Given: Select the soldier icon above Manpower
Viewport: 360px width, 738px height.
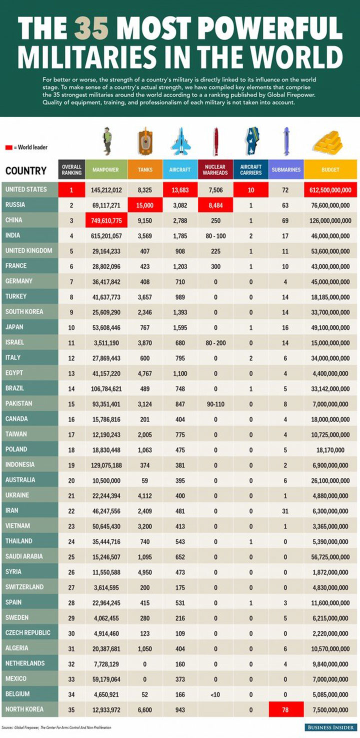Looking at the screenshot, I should (x=106, y=141).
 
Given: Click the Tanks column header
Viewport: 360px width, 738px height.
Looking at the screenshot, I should (x=145, y=170).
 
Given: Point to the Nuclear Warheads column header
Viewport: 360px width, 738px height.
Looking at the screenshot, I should (x=215, y=170).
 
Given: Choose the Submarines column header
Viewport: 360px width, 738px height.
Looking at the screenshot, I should (x=286, y=170).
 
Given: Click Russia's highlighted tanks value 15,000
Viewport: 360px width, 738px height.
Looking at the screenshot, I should (x=145, y=205).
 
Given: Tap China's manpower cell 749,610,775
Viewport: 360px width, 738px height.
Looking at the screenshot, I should (x=106, y=220).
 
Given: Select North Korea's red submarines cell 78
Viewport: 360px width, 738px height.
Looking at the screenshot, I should (x=285, y=709).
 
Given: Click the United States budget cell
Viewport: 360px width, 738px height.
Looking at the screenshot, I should (x=330, y=190).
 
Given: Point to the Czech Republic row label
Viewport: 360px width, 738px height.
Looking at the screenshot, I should (x=27, y=632).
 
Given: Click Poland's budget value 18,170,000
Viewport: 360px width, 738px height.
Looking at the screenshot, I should (x=330, y=450).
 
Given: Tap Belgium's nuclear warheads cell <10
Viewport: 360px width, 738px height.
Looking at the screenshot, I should (x=215, y=694).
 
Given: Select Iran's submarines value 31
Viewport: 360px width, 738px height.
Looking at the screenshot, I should (x=285, y=511).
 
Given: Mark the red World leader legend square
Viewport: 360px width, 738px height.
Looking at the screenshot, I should (x=8, y=147).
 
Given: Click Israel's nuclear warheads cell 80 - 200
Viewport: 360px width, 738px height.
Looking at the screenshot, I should (x=215, y=343).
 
